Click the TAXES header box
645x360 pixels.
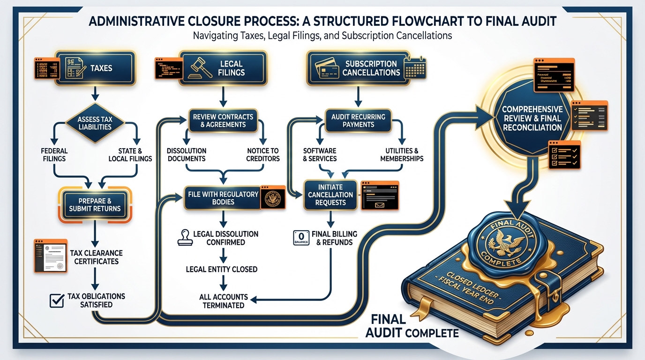point(95,68)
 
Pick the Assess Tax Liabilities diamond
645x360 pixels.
point(95,123)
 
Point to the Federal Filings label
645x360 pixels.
point(54,155)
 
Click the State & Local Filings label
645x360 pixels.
point(130,155)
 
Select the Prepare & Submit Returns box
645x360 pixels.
point(95,205)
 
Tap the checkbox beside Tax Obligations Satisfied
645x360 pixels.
point(57,300)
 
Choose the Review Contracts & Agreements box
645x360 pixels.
point(223,120)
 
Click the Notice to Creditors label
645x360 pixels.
point(263,155)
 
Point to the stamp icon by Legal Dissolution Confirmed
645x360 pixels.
point(182,238)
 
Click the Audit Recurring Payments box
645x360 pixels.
point(358,120)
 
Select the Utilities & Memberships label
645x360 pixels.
point(402,155)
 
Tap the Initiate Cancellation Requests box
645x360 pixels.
point(330,195)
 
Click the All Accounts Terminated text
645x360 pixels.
point(224,301)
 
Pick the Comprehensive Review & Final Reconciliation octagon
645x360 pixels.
point(532,118)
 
